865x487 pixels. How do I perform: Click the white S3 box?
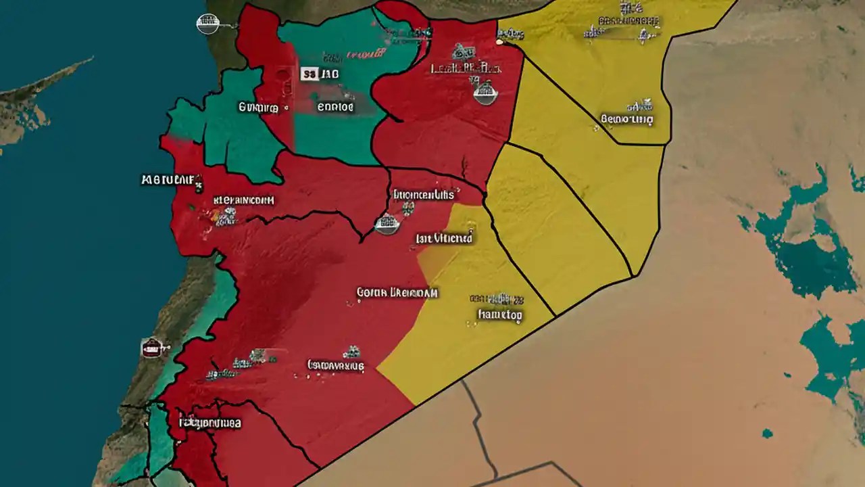point(310,74)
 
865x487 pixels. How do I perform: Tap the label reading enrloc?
point(335,107)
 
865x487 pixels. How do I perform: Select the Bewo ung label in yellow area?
point(626,120)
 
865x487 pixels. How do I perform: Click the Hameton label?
point(500,315)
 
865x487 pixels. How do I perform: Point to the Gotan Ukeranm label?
point(397,293)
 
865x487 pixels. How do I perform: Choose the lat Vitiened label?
point(445,238)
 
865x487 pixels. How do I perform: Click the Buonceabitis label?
point(423,195)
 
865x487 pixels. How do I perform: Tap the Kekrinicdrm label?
point(243,200)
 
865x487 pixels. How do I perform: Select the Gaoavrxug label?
point(335,366)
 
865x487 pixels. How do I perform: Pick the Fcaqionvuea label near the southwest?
point(210,423)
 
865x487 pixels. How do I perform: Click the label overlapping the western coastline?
point(172,180)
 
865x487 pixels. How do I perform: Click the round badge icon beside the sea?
point(207,24)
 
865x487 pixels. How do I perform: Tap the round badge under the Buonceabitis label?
point(387,224)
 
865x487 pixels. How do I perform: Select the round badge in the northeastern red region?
point(485,93)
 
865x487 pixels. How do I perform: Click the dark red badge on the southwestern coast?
point(153,348)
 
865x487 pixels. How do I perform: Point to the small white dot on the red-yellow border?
point(500,42)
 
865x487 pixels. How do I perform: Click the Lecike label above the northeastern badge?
point(466,68)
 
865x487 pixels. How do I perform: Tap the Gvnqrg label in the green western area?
point(257,107)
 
